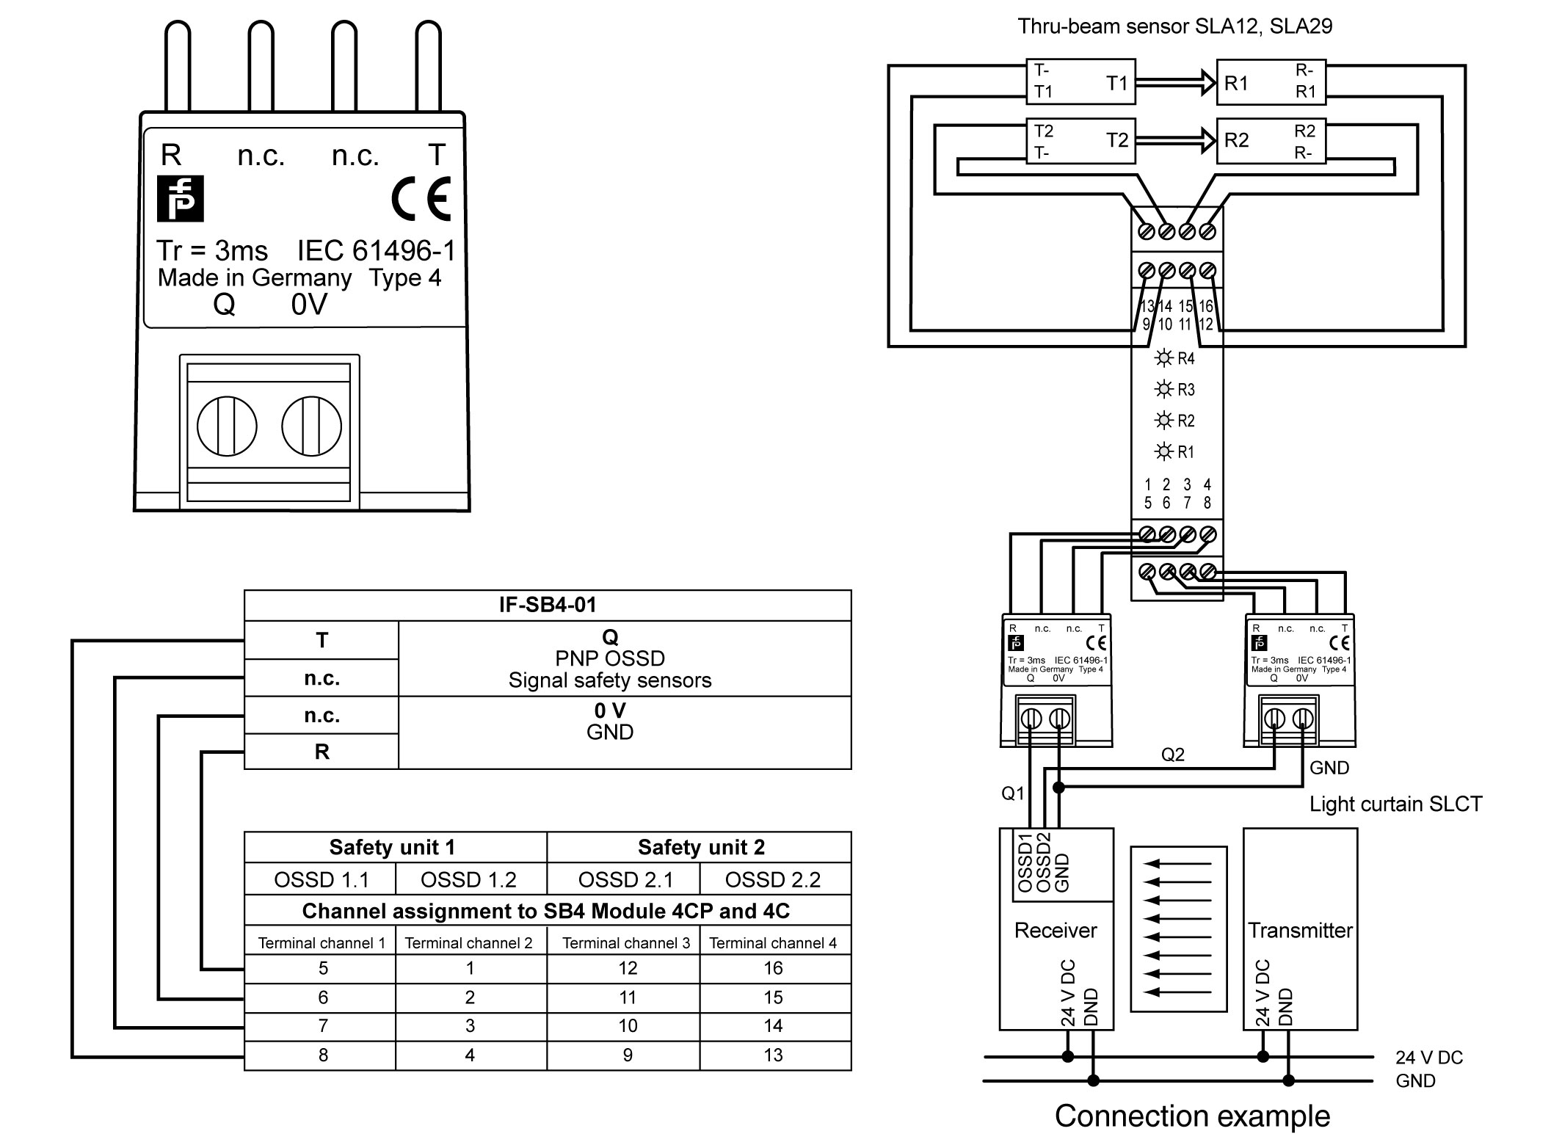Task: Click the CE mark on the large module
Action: tap(421, 199)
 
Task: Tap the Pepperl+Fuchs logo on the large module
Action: tap(180, 199)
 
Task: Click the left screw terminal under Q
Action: tap(227, 426)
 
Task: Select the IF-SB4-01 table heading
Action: tap(548, 606)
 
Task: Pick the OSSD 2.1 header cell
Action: tap(625, 879)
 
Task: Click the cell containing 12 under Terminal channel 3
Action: tap(627, 968)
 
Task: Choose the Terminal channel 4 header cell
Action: tap(773, 943)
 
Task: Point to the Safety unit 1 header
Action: tap(393, 848)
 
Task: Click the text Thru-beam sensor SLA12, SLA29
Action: tap(1174, 27)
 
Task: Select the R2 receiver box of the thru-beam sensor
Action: tap(1271, 140)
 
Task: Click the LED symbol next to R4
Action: tap(1163, 358)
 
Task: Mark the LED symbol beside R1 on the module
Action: tap(1163, 451)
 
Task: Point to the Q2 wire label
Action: tap(1172, 755)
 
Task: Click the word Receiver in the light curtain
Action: tap(1056, 931)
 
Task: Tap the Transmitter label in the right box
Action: tap(1300, 931)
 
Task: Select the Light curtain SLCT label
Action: tap(1395, 804)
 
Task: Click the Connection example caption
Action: tap(1192, 1116)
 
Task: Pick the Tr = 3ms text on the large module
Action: tap(212, 251)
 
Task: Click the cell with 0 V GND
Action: tap(609, 721)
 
